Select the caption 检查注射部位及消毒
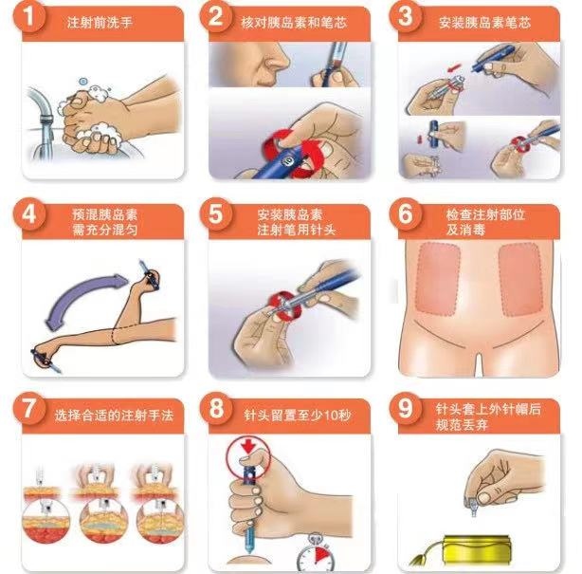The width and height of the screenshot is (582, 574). pos(479,221)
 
